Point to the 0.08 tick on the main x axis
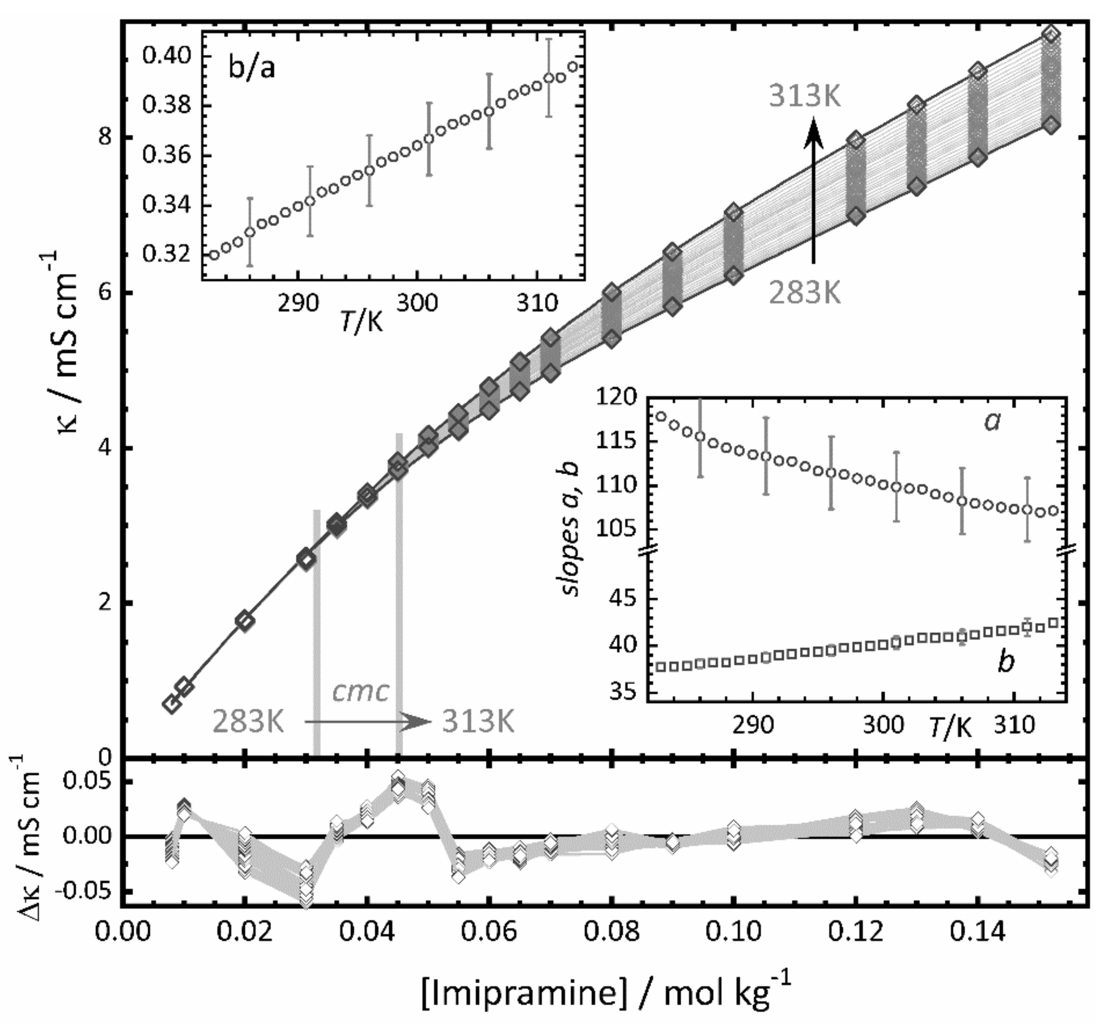tap(612, 933)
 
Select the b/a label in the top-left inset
tap(252, 70)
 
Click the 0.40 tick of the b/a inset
tap(166, 57)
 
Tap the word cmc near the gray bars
tap(360, 691)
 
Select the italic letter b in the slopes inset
tap(1006, 662)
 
